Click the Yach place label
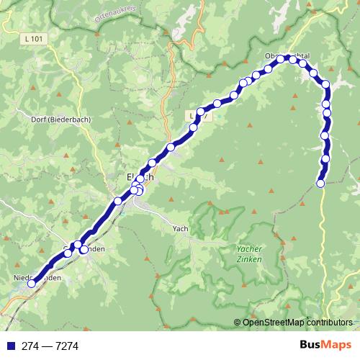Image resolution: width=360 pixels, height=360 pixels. [x=180, y=228]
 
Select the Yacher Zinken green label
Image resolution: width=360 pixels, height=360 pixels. [x=249, y=253]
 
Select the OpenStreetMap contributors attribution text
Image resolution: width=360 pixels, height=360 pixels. [x=297, y=323]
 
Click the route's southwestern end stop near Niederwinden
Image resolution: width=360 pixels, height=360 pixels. [x=31, y=284]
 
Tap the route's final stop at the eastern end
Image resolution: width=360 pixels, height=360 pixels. [x=321, y=184]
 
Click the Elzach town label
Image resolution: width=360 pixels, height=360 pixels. [x=140, y=176]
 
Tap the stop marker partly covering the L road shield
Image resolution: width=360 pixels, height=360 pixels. [x=200, y=112]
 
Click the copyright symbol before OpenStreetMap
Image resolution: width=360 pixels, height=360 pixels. [x=237, y=323]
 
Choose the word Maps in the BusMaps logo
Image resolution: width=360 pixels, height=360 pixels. [x=336, y=346]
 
